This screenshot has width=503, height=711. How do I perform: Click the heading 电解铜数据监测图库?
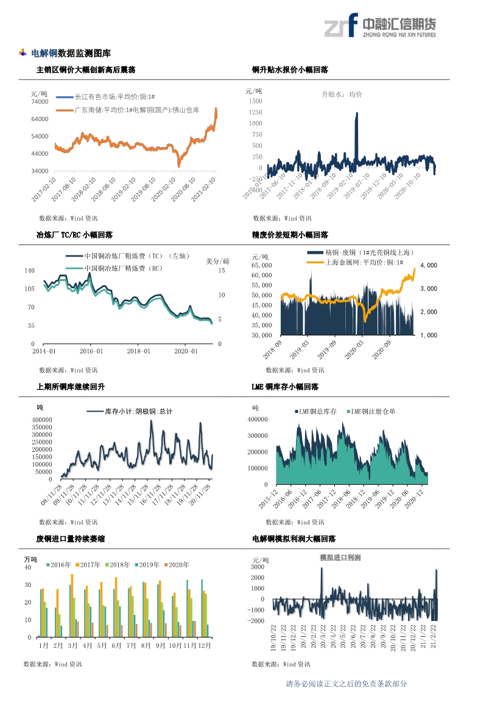71,54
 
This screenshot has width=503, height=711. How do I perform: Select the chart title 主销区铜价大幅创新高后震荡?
86,70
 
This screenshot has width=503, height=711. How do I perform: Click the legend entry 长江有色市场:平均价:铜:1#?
113,97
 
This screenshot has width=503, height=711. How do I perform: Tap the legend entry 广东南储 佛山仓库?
145,110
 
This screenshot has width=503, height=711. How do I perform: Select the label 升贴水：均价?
342,94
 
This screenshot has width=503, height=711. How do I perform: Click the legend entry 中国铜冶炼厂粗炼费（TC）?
136,256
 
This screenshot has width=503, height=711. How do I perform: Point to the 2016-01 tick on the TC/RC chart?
91,351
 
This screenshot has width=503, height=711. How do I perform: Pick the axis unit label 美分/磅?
217,262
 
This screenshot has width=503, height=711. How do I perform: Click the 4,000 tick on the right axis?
428,266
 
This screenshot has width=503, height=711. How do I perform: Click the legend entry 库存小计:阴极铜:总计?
138,412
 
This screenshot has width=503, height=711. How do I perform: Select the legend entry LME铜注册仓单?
373,412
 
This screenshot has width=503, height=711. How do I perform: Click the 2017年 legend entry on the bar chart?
90,564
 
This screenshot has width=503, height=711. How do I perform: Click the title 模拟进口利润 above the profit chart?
340,557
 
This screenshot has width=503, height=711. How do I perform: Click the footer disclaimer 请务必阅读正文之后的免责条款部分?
346,684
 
